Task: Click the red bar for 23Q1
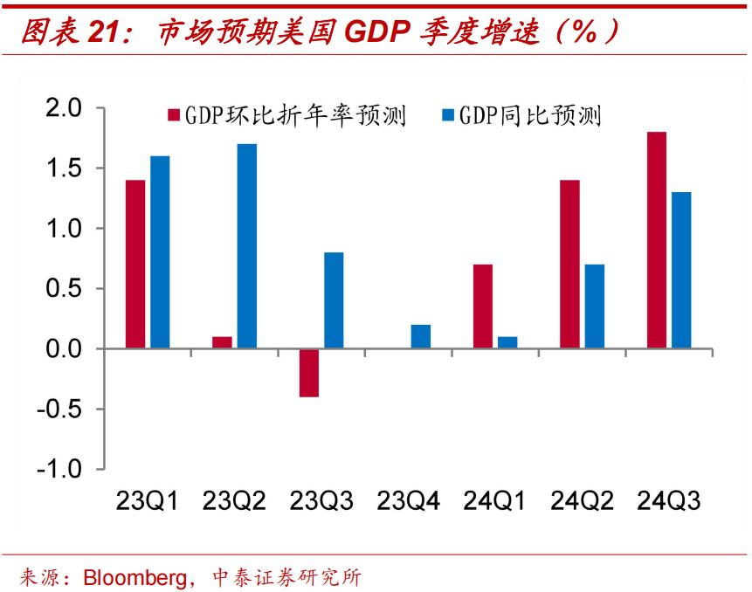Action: [135, 264]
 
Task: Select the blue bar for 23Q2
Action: [246, 246]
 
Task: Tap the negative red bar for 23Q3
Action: [309, 373]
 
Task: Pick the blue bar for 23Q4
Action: [420, 337]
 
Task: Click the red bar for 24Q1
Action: [483, 306]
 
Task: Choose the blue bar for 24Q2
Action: [594, 306]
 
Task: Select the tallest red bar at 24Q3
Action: [657, 240]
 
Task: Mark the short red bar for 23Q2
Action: [222, 342]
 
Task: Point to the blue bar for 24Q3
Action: [681, 271]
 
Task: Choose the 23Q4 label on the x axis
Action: [408, 501]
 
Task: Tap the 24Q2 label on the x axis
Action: [582, 501]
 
